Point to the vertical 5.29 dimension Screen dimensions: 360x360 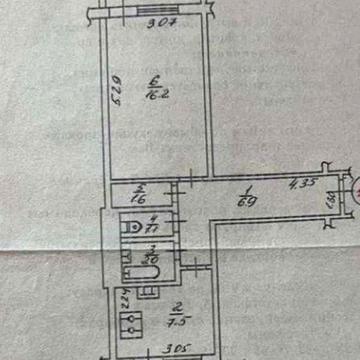pyautogui.click(x=116, y=96)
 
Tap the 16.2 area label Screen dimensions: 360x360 pyautogui.click(x=153, y=97)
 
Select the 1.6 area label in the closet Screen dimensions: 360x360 pyautogui.click(x=140, y=197)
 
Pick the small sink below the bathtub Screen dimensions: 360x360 pyautogui.click(x=146, y=289)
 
